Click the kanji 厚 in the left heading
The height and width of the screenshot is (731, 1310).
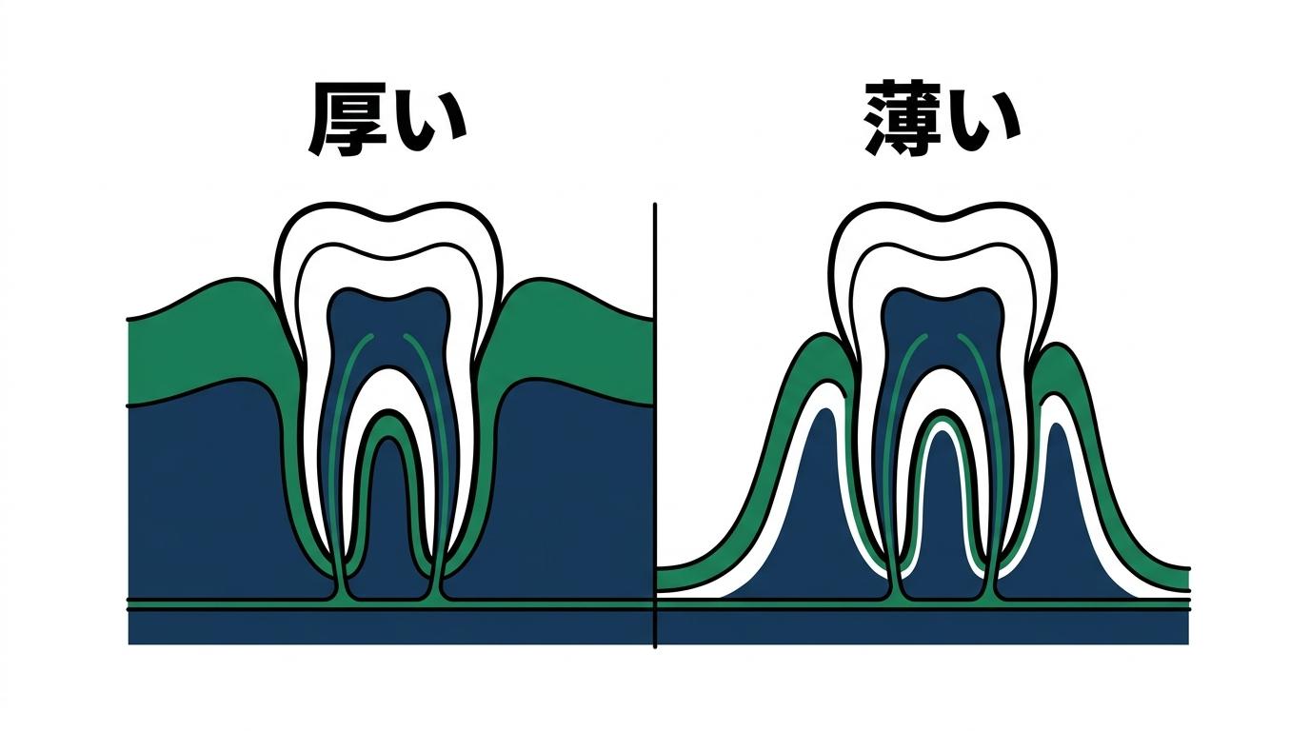point(348,119)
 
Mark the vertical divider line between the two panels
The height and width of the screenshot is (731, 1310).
point(655,425)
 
